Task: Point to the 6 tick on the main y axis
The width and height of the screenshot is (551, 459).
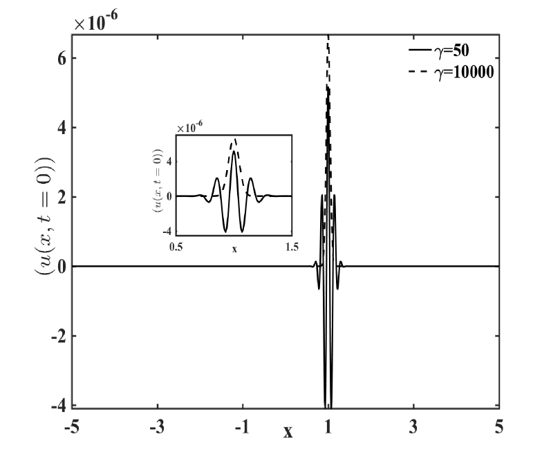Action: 62,58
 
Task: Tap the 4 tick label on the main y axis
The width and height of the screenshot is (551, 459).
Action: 62,128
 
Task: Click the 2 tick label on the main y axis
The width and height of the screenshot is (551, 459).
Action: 62,197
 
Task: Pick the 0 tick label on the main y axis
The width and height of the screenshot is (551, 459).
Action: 62,267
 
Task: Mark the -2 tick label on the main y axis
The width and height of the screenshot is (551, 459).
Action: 59,337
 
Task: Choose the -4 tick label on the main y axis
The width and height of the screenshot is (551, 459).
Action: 59,406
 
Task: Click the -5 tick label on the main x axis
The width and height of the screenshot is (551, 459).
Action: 72,427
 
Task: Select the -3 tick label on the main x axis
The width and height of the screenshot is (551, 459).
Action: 158,427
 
